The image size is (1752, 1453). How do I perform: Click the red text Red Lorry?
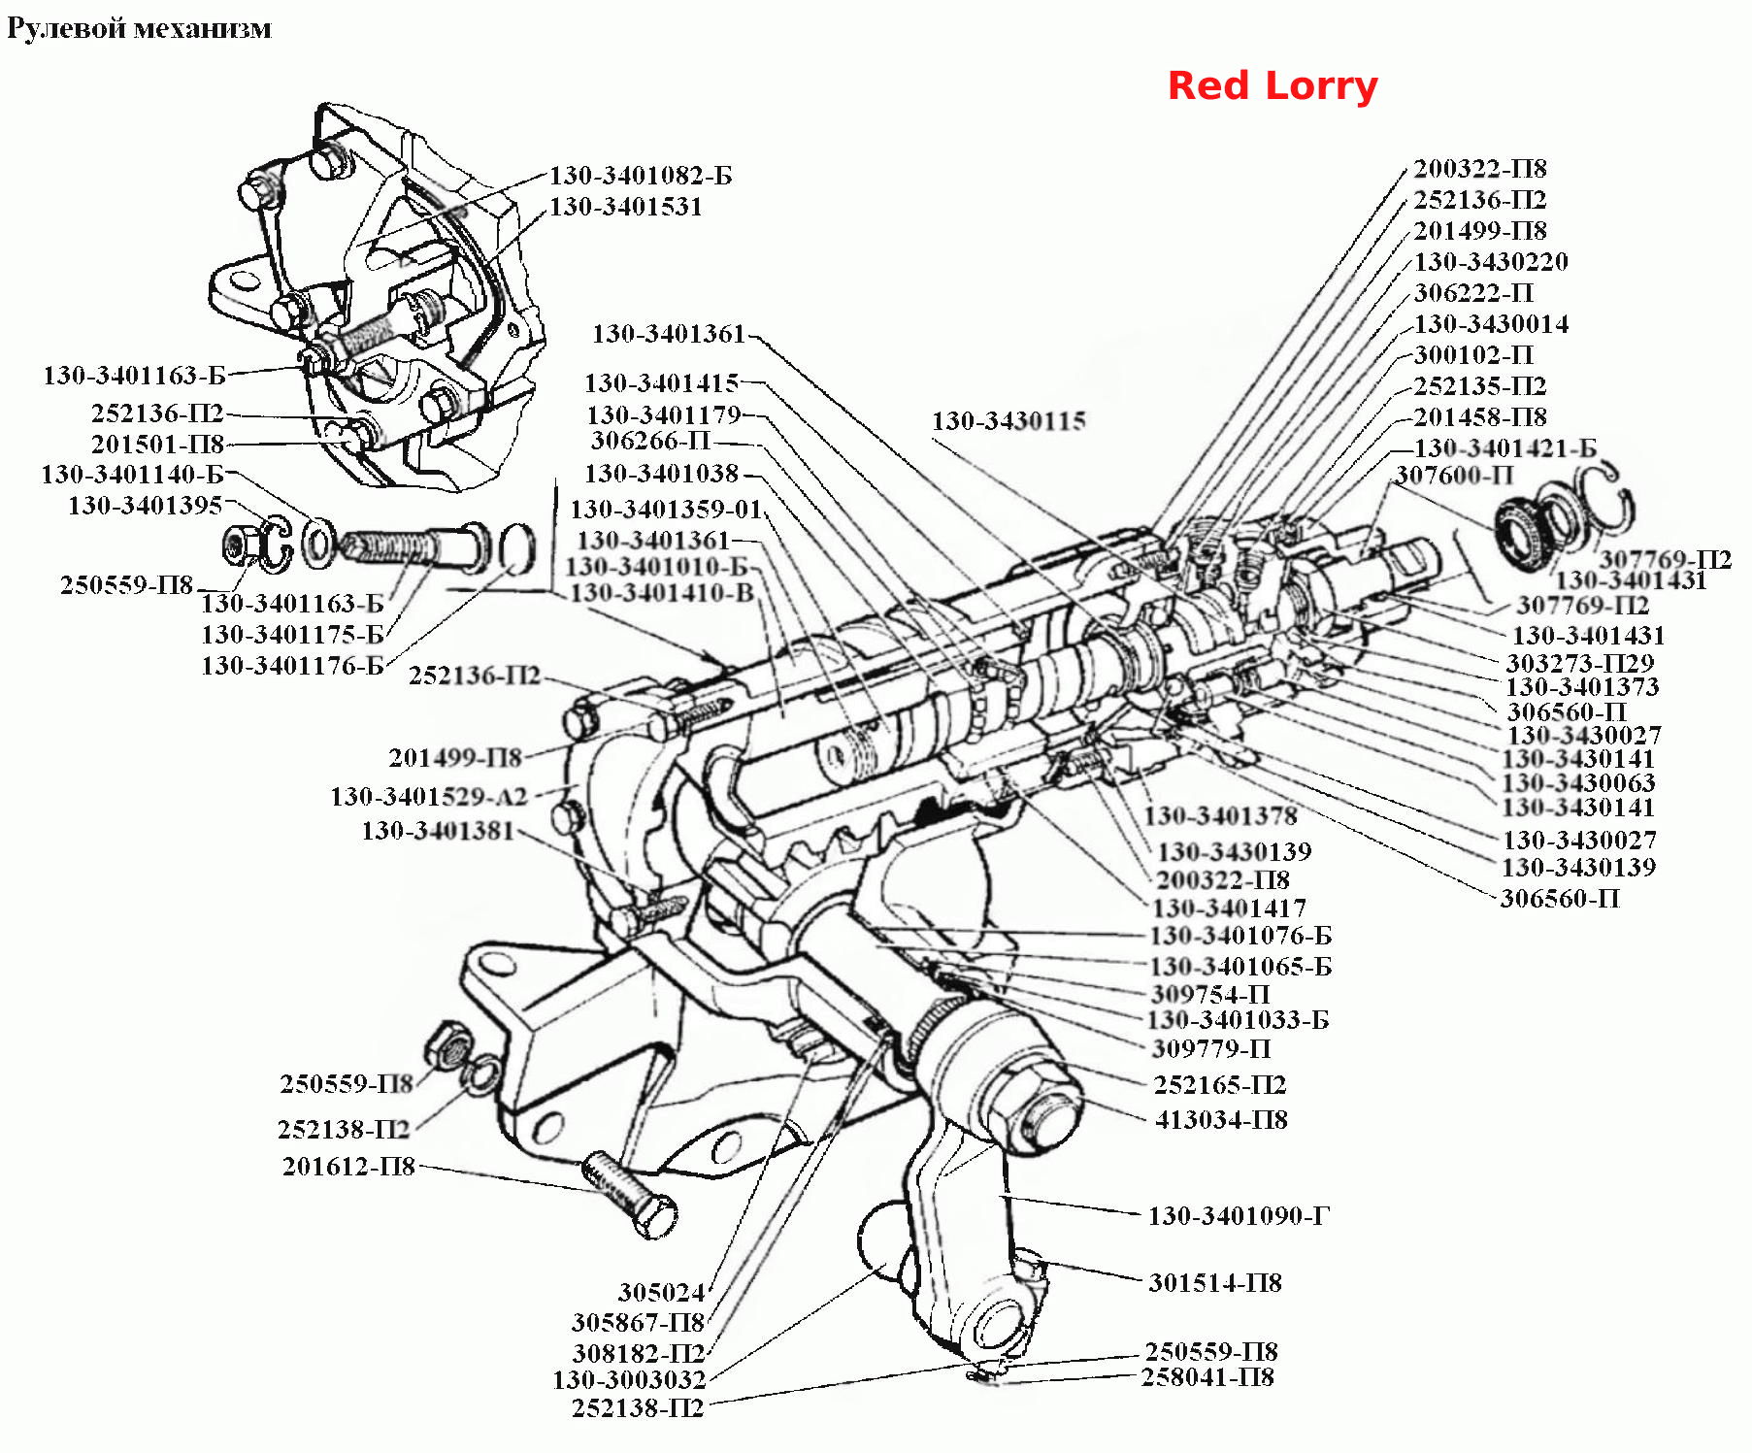pyautogui.click(x=1273, y=85)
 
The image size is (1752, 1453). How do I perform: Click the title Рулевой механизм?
pyautogui.click(x=139, y=28)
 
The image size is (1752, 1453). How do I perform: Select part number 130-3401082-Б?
pyautogui.click(x=641, y=176)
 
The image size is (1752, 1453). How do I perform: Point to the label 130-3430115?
pyautogui.click(x=1008, y=421)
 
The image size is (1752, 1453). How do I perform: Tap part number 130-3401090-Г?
pyautogui.click(x=1239, y=1215)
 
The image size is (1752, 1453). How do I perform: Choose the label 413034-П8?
pyautogui.click(x=1221, y=1120)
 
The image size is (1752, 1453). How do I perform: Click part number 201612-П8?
pyautogui.click(x=348, y=1166)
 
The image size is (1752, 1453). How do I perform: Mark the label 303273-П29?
pyautogui.click(x=1580, y=663)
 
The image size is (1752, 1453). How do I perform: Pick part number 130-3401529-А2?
pyautogui.click(x=428, y=797)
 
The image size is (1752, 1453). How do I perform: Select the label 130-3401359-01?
pyautogui.click(x=667, y=509)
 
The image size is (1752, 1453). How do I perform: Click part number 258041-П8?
pyautogui.click(x=1207, y=1377)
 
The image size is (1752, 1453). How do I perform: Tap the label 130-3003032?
pyautogui.click(x=629, y=1379)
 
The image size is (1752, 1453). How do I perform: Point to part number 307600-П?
pyautogui.click(x=1454, y=476)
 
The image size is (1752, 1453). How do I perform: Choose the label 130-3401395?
pyautogui.click(x=146, y=506)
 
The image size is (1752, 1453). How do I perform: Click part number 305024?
pyautogui.click(x=661, y=1292)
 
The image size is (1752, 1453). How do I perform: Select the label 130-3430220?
pyautogui.click(x=1491, y=262)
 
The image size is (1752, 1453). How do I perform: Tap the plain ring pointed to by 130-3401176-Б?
pyautogui.click(x=517, y=548)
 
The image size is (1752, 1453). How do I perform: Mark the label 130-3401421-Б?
pyautogui.click(x=1505, y=448)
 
